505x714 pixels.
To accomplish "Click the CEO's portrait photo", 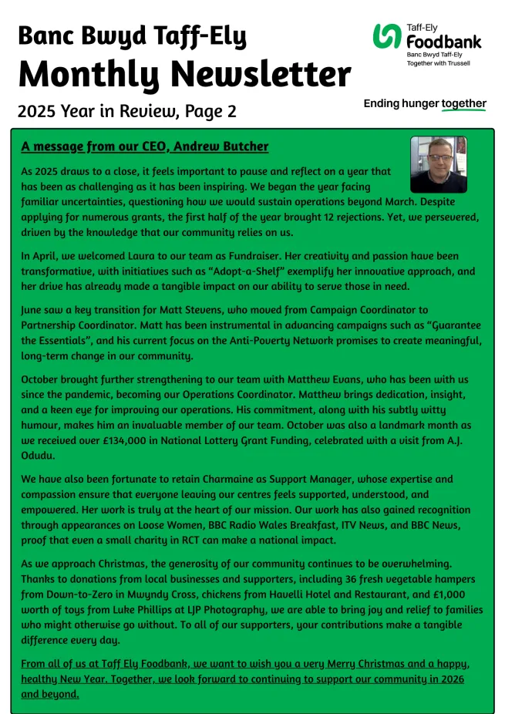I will [x=438, y=165].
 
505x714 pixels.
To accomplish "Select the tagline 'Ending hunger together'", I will [x=425, y=103].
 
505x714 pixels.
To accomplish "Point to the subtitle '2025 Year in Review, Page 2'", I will [x=126, y=111].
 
